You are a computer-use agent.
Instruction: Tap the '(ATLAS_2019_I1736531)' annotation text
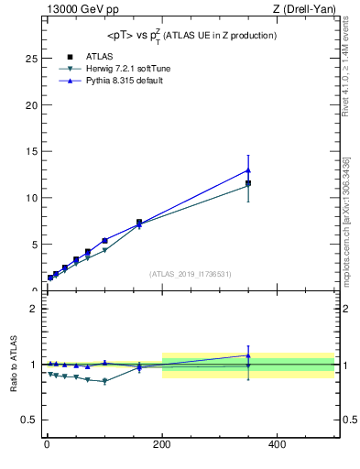pos(191,274)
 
